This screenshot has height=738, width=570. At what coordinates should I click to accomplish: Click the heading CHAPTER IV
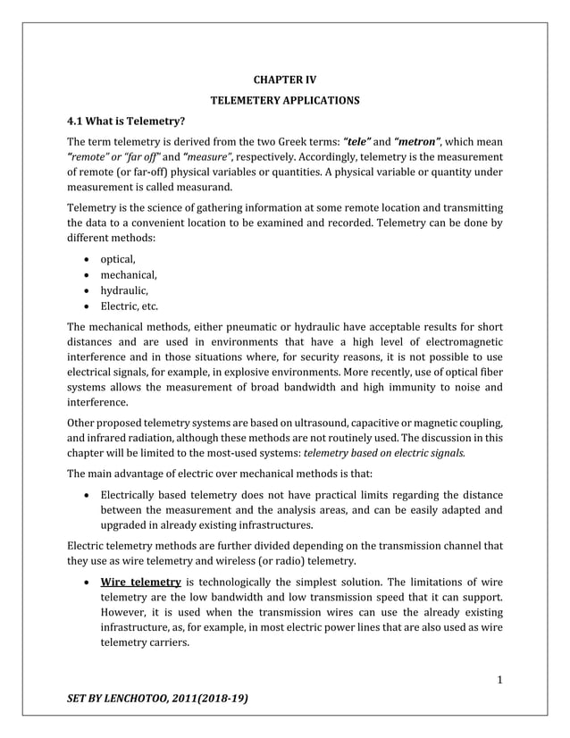pyautogui.click(x=285, y=80)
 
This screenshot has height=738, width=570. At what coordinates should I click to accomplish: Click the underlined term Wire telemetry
pyautogui.click(x=141, y=583)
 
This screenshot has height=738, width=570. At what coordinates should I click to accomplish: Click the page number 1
pyautogui.click(x=499, y=680)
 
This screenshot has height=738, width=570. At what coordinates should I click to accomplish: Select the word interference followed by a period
pyautogui.click(x=98, y=402)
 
